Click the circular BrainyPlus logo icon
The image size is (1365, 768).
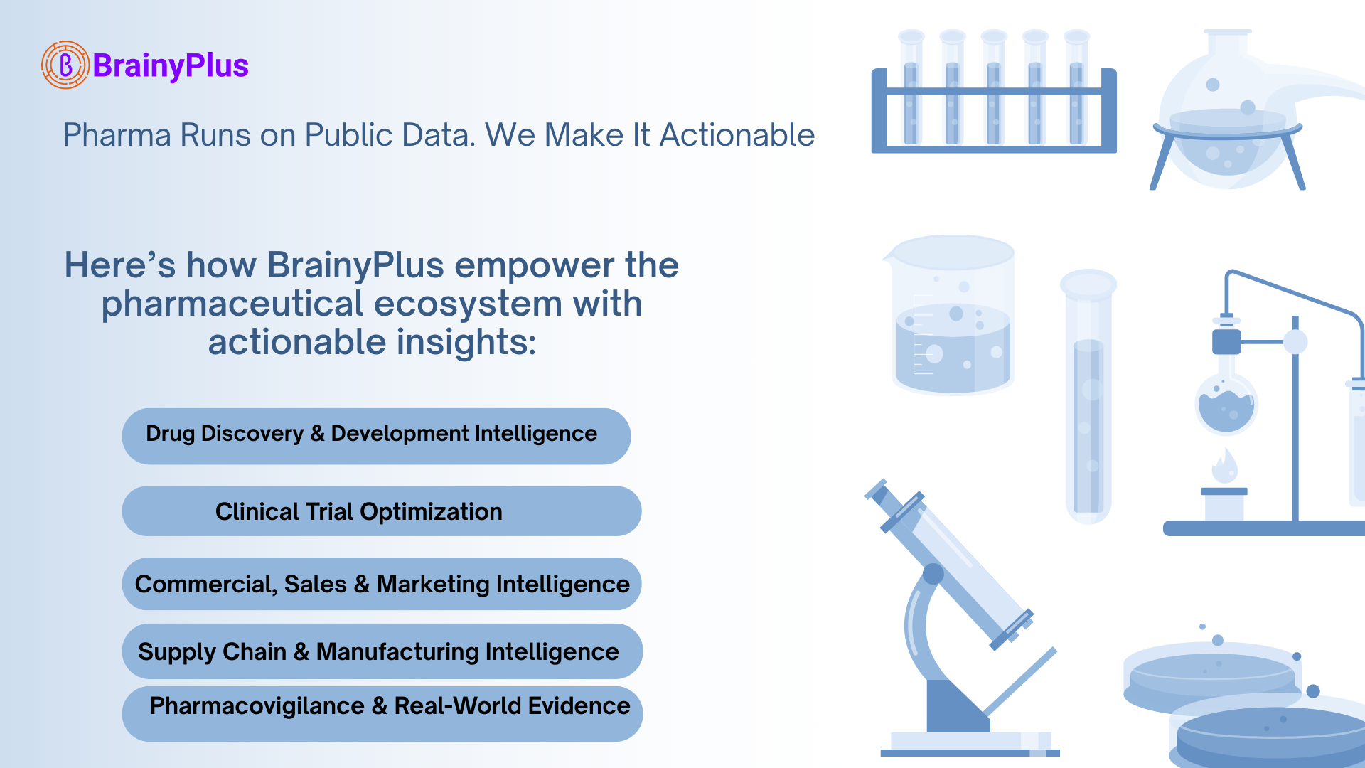65,65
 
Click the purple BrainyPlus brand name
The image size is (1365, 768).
171,65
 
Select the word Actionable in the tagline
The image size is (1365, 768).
737,135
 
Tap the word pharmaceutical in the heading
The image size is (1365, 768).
232,304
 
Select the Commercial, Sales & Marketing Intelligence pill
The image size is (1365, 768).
382,584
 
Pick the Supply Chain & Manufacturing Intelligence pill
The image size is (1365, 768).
382,651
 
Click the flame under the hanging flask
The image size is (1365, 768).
1224,466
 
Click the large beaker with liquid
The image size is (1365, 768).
953,316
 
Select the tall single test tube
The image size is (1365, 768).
1088,398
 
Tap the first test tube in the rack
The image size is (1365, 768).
911,89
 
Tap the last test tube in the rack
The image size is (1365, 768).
1076,89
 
